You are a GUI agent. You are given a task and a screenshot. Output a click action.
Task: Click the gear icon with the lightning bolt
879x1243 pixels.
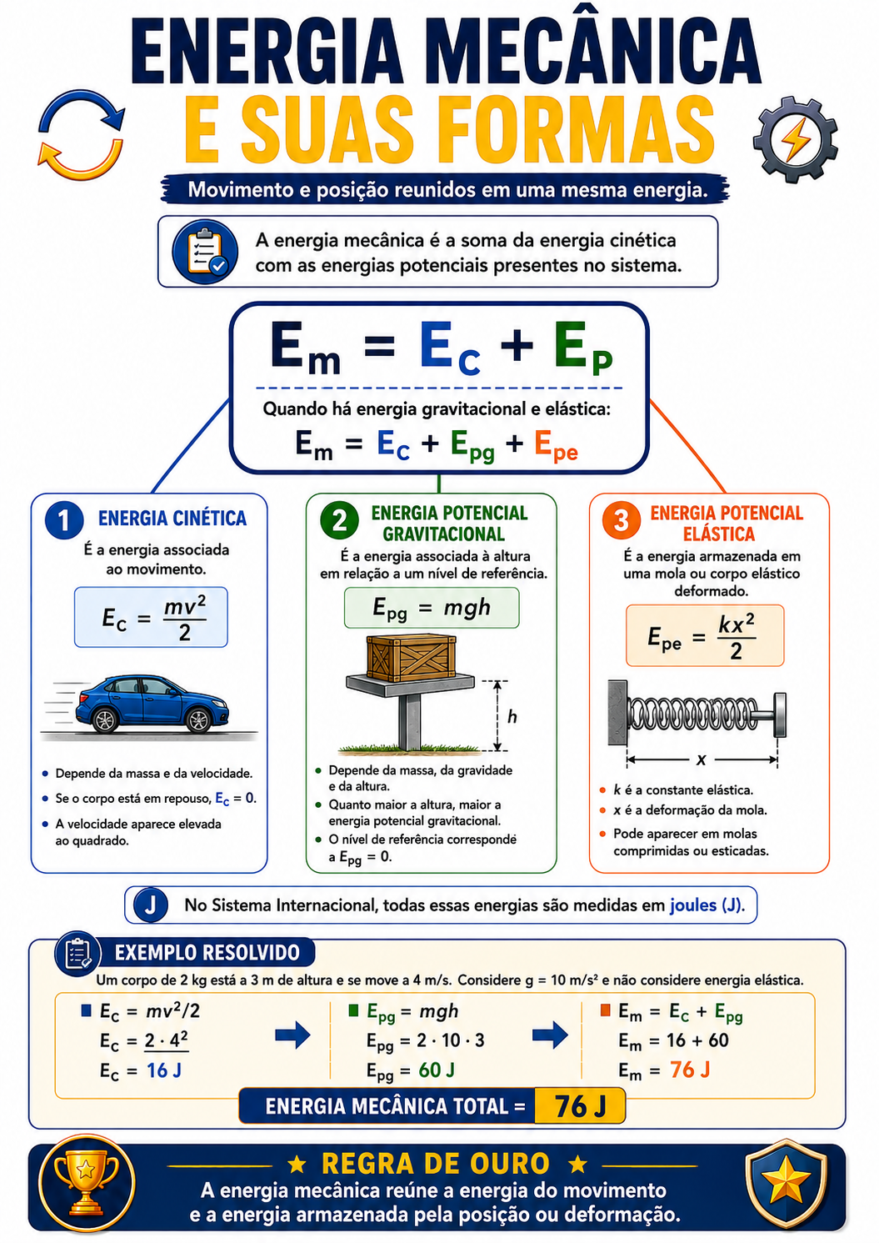coord(795,140)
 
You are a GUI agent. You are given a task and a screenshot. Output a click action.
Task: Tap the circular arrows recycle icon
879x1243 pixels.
coord(81,135)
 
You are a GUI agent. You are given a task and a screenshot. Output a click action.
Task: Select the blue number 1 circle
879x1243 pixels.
coord(64,520)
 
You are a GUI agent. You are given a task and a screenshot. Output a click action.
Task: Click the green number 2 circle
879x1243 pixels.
coord(339,520)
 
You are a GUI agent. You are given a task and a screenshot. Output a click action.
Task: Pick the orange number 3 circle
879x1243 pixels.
coord(621,520)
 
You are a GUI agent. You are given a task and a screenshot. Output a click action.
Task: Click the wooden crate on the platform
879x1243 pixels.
coord(411,659)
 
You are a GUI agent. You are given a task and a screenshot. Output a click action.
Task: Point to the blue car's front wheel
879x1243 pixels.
coord(197,721)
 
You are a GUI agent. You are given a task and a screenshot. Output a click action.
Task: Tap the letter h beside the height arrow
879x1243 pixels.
coord(512,717)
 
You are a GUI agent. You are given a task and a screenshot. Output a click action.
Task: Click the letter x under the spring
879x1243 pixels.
coord(701,759)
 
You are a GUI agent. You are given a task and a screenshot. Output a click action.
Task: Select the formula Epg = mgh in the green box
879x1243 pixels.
coord(432,609)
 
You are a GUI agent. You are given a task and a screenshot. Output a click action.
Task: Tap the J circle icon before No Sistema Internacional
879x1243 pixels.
coord(150,905)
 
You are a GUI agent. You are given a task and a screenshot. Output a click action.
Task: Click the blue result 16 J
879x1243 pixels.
coord(164,1070)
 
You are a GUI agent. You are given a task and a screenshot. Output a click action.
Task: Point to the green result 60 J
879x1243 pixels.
coord(437,1070)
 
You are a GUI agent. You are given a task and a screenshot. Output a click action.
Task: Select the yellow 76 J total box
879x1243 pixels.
coord(580,1106)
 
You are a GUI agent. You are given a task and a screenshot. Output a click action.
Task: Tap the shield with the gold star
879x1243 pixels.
coord(786,1184)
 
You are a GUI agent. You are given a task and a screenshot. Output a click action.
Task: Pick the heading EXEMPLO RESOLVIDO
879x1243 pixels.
coord(207,953)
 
